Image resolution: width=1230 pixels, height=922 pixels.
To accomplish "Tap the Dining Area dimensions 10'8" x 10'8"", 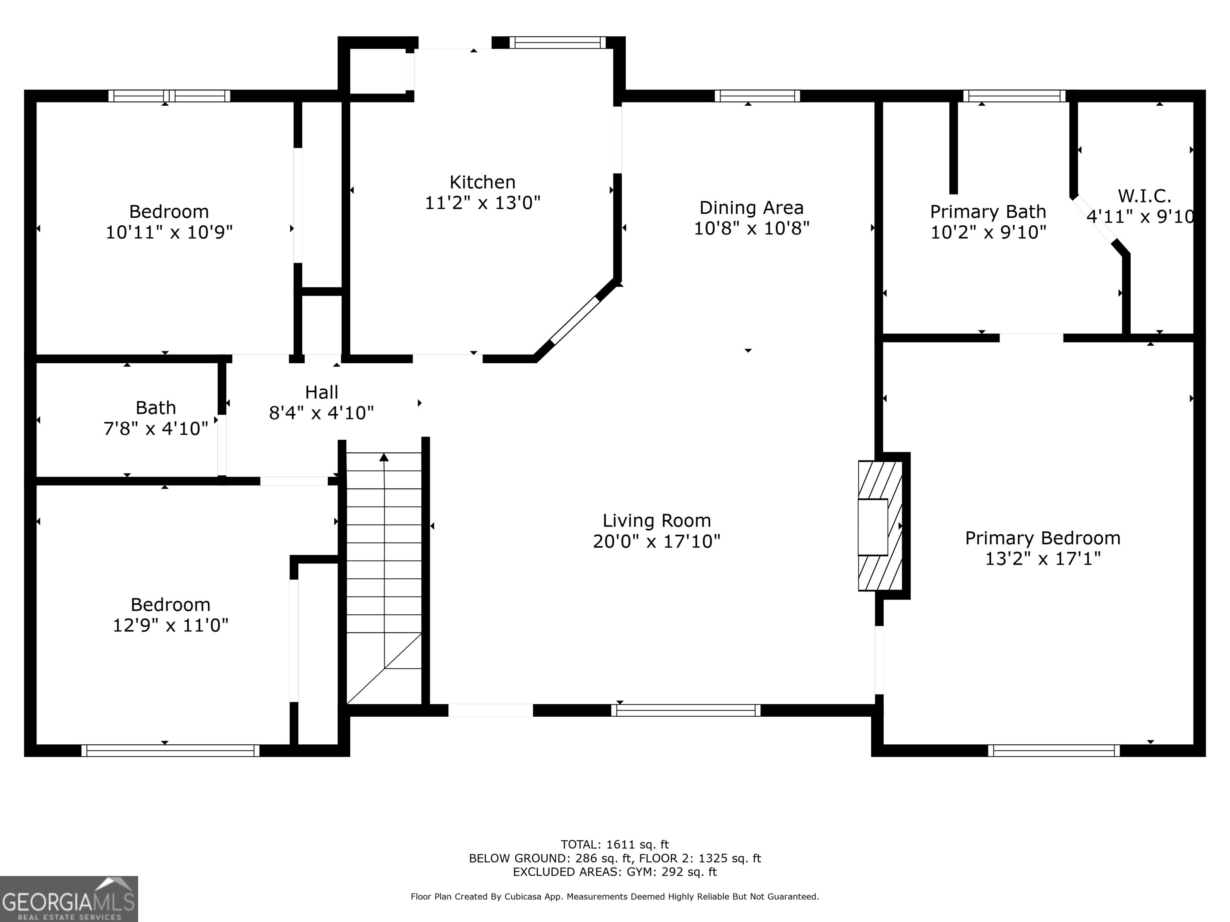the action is point(751,228).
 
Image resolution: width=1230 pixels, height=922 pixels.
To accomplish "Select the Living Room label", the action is point(657,521).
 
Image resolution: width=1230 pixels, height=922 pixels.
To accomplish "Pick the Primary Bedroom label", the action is point(1043,538).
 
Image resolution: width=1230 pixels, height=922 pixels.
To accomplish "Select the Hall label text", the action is point(322,392).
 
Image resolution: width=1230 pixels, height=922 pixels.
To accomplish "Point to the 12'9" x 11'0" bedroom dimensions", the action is point(171,625).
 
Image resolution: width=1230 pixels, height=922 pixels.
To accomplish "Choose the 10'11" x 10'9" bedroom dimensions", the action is point(169,232).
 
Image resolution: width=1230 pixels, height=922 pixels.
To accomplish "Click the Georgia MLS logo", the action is point(69,899).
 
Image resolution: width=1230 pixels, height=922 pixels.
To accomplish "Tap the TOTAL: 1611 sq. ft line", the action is point(615,845).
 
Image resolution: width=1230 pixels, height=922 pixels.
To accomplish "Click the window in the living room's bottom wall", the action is point(685,710).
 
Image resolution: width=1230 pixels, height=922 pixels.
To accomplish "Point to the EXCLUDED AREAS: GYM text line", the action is point(615,872).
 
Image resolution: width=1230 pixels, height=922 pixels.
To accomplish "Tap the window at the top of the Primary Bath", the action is point(1014,96).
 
